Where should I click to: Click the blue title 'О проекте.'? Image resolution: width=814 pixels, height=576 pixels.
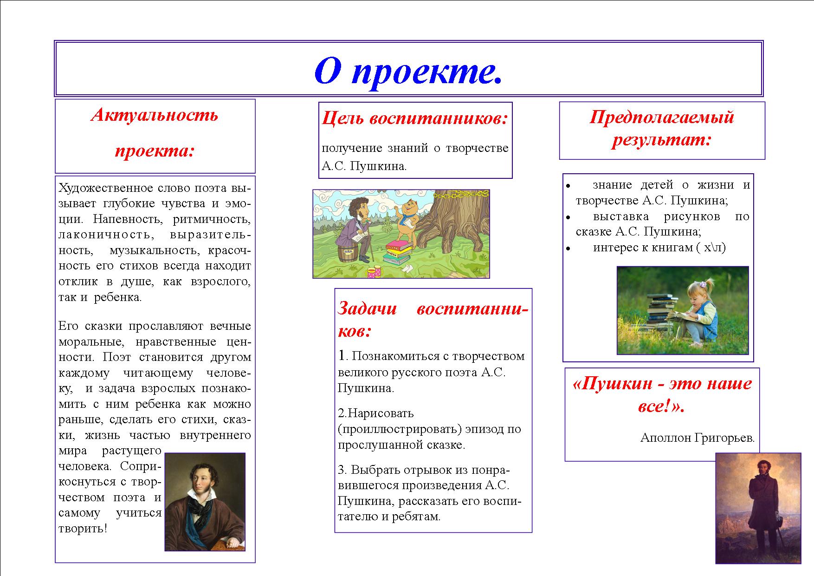(x=408, y=72)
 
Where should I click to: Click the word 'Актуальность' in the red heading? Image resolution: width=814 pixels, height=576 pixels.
(x=155, y=114)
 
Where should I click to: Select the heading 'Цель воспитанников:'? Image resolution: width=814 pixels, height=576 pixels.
(x=415, y=118)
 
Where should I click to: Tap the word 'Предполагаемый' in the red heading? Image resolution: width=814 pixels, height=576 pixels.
(x=662, y=117)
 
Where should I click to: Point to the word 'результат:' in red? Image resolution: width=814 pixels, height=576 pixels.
(x=662, y=139)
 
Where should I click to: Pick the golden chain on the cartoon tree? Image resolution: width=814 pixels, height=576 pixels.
(x=459, y=194)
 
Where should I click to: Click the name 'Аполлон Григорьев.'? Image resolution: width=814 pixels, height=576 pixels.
(x=697, y=438)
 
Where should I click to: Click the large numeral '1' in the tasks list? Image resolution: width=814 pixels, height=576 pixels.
(x=342, y=356)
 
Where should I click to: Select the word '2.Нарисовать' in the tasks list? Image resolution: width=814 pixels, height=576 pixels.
(x=376, y=413)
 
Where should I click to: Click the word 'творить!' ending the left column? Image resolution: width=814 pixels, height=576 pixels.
(x=83, y=529)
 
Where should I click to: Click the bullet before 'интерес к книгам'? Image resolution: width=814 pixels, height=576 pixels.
(x=568, y=249)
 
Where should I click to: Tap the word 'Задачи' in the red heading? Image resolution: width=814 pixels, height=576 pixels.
(x=367, y=308)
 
